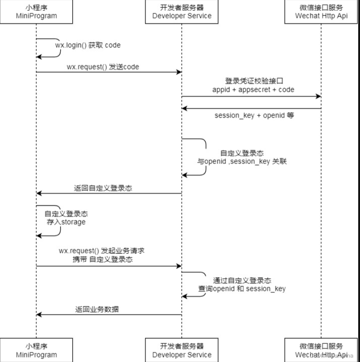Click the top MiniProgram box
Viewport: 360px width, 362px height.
(x=36, y=11)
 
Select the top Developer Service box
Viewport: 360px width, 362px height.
(x=182, y=11)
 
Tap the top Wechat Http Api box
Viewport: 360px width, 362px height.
(x=321, y=11)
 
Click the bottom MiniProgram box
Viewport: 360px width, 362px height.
(x=36, y=350)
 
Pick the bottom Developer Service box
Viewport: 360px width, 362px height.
(x=182, y=350)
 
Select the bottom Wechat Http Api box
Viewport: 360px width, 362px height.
(x=321, y=350)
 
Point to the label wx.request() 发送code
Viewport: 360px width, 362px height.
(x=103, y=67)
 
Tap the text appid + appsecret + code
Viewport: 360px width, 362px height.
(x=253, y=90)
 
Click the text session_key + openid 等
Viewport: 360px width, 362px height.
(x=254, y=115)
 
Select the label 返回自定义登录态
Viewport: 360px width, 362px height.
(x=103, y=189)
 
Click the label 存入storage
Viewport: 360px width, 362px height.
(x=66, y=222)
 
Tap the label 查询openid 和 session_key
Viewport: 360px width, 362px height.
(x=242, y=288)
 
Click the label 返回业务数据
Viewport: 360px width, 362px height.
(x=97, y=309)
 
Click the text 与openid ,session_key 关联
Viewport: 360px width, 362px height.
(x=242, y=161)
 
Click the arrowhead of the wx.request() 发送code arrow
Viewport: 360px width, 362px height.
(x=179, y=72)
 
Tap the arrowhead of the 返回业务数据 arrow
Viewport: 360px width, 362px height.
(x=39, y=315)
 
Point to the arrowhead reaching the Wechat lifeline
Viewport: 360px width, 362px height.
(x=319, y=96)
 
